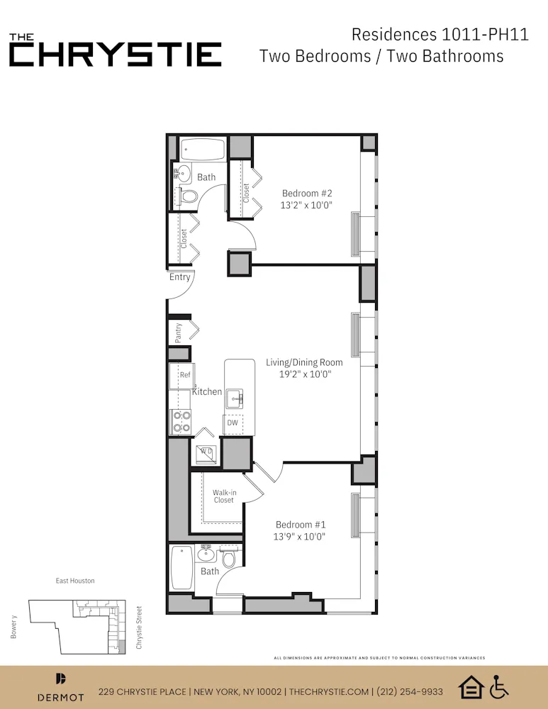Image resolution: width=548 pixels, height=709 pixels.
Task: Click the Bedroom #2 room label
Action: pyautogui.click(x=307, y=193)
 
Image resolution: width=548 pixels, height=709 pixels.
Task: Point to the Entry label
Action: pyautogui.click(x=179, y=277)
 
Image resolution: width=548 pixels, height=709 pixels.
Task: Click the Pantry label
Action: pyautogui.click(x=179, y=331)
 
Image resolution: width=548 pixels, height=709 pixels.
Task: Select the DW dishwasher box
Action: pyautogui.click(x=232, y=423)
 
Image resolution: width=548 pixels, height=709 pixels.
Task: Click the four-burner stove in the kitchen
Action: pyautogui.click(x=181, y=423)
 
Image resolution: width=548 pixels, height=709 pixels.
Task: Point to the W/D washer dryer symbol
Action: pyautogui.click(x=206, y=451)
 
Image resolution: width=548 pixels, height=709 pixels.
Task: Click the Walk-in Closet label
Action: pyautogui.click(x=224, y=496)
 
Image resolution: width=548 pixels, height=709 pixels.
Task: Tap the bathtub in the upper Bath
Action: pyautogui.click(x=203, y=149)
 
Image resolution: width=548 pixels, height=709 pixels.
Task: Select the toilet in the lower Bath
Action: pyautogui.click(x=228, y=558)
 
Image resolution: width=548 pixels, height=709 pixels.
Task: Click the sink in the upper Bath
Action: pyautogui.click(x=183, y=172)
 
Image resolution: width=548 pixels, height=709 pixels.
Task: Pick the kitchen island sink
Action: pyautogui.click(x=235, y=399)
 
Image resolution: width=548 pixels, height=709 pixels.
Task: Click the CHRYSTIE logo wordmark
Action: pyautogui.click(x=116, y=55)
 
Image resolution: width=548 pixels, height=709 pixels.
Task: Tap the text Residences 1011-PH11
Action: pyautogui.click(x=440, y=34)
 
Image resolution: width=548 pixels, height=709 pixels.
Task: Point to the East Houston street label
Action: pyautogui.click(x=75, y=581)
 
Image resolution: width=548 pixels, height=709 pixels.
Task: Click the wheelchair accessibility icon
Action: pyautogui.click(x=500, y=686)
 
